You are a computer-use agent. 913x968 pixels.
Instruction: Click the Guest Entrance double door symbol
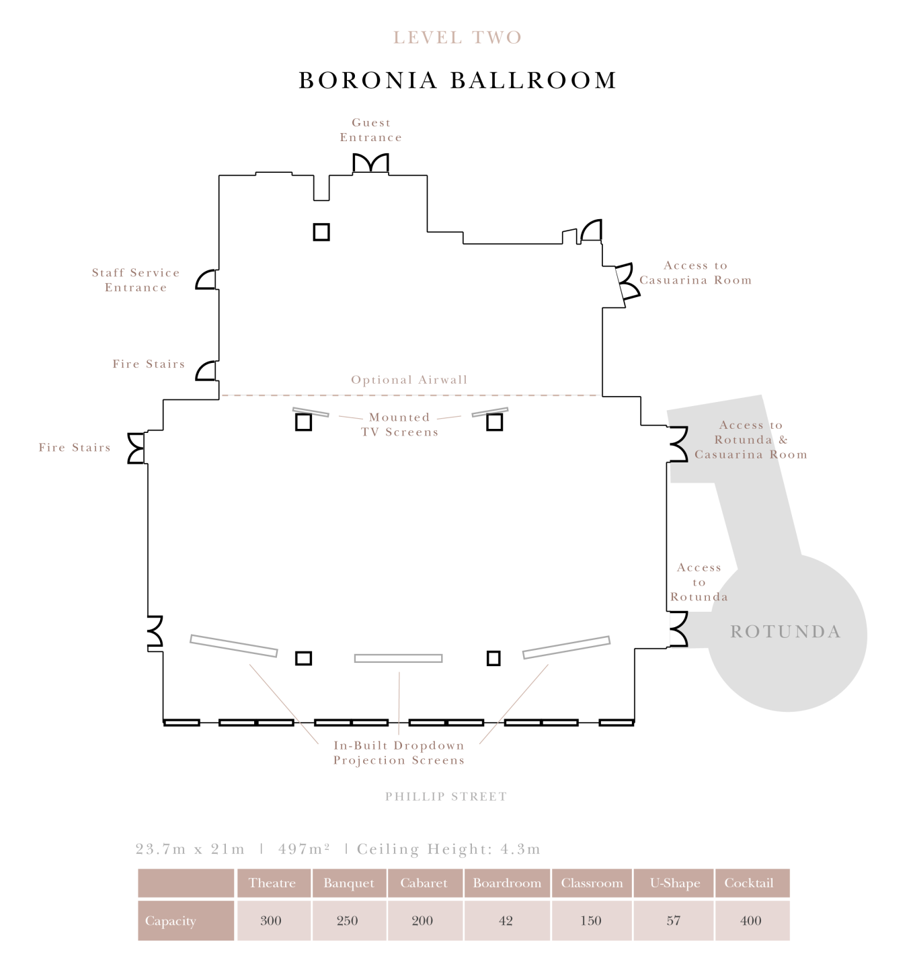pos(370,164)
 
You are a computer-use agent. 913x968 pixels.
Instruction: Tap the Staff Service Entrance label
pos(136,280)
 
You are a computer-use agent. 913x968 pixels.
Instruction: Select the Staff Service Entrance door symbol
pos(206,280)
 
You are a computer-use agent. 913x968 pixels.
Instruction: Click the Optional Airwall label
pos(409,379)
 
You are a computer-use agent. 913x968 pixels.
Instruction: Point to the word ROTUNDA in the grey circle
pos(786,631)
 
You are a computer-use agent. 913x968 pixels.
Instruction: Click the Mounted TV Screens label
pos(399,424)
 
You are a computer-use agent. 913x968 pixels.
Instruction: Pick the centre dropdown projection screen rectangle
pos(398,658)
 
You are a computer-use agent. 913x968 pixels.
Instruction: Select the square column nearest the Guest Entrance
pos(321,232)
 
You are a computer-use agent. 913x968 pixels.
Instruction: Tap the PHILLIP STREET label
pos(446,796)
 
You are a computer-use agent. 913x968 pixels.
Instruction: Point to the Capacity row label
pos(170,921)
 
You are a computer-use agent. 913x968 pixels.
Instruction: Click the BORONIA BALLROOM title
pos(458,80)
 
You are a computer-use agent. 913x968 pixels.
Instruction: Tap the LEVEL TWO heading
pos(457,38)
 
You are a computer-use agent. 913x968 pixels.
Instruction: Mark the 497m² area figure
pos(304,848)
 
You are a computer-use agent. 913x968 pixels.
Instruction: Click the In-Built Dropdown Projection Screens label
pos(399,753)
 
